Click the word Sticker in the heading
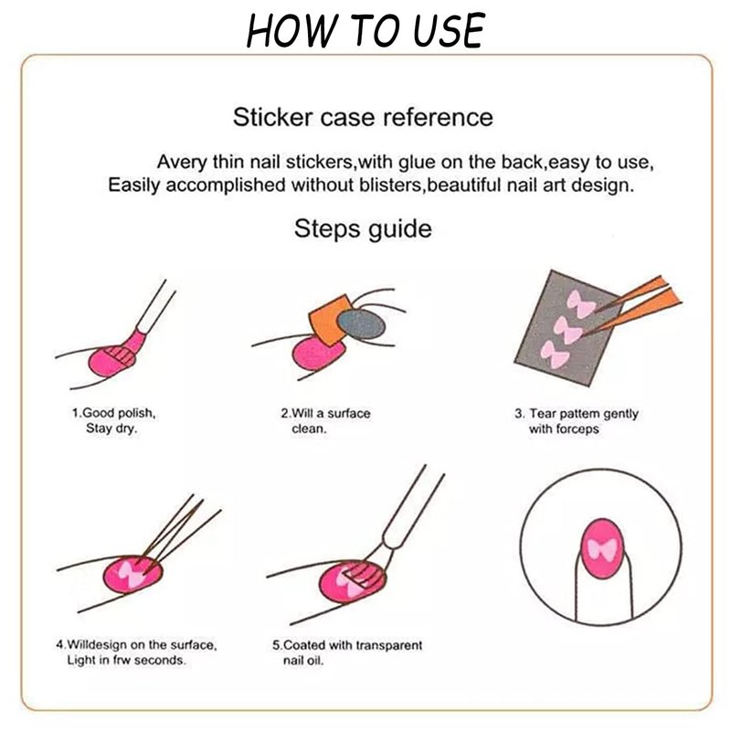(x=272, y=117)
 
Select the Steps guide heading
(x=363, y=229)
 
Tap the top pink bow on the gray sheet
(x=580, y=303)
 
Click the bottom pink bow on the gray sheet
(x=555, y=355)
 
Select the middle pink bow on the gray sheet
(x=567, y=329)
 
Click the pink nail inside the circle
(x=601, y=548)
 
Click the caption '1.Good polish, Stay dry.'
(x=113, y=420)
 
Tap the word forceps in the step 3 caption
(x=578, y=429)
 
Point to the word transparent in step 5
(x=389, y=645)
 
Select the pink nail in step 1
(x=111, y=360)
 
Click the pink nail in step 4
(x=132, y=575)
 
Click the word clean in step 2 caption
(x=309, y=429)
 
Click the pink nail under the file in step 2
(x=317, y=353)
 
